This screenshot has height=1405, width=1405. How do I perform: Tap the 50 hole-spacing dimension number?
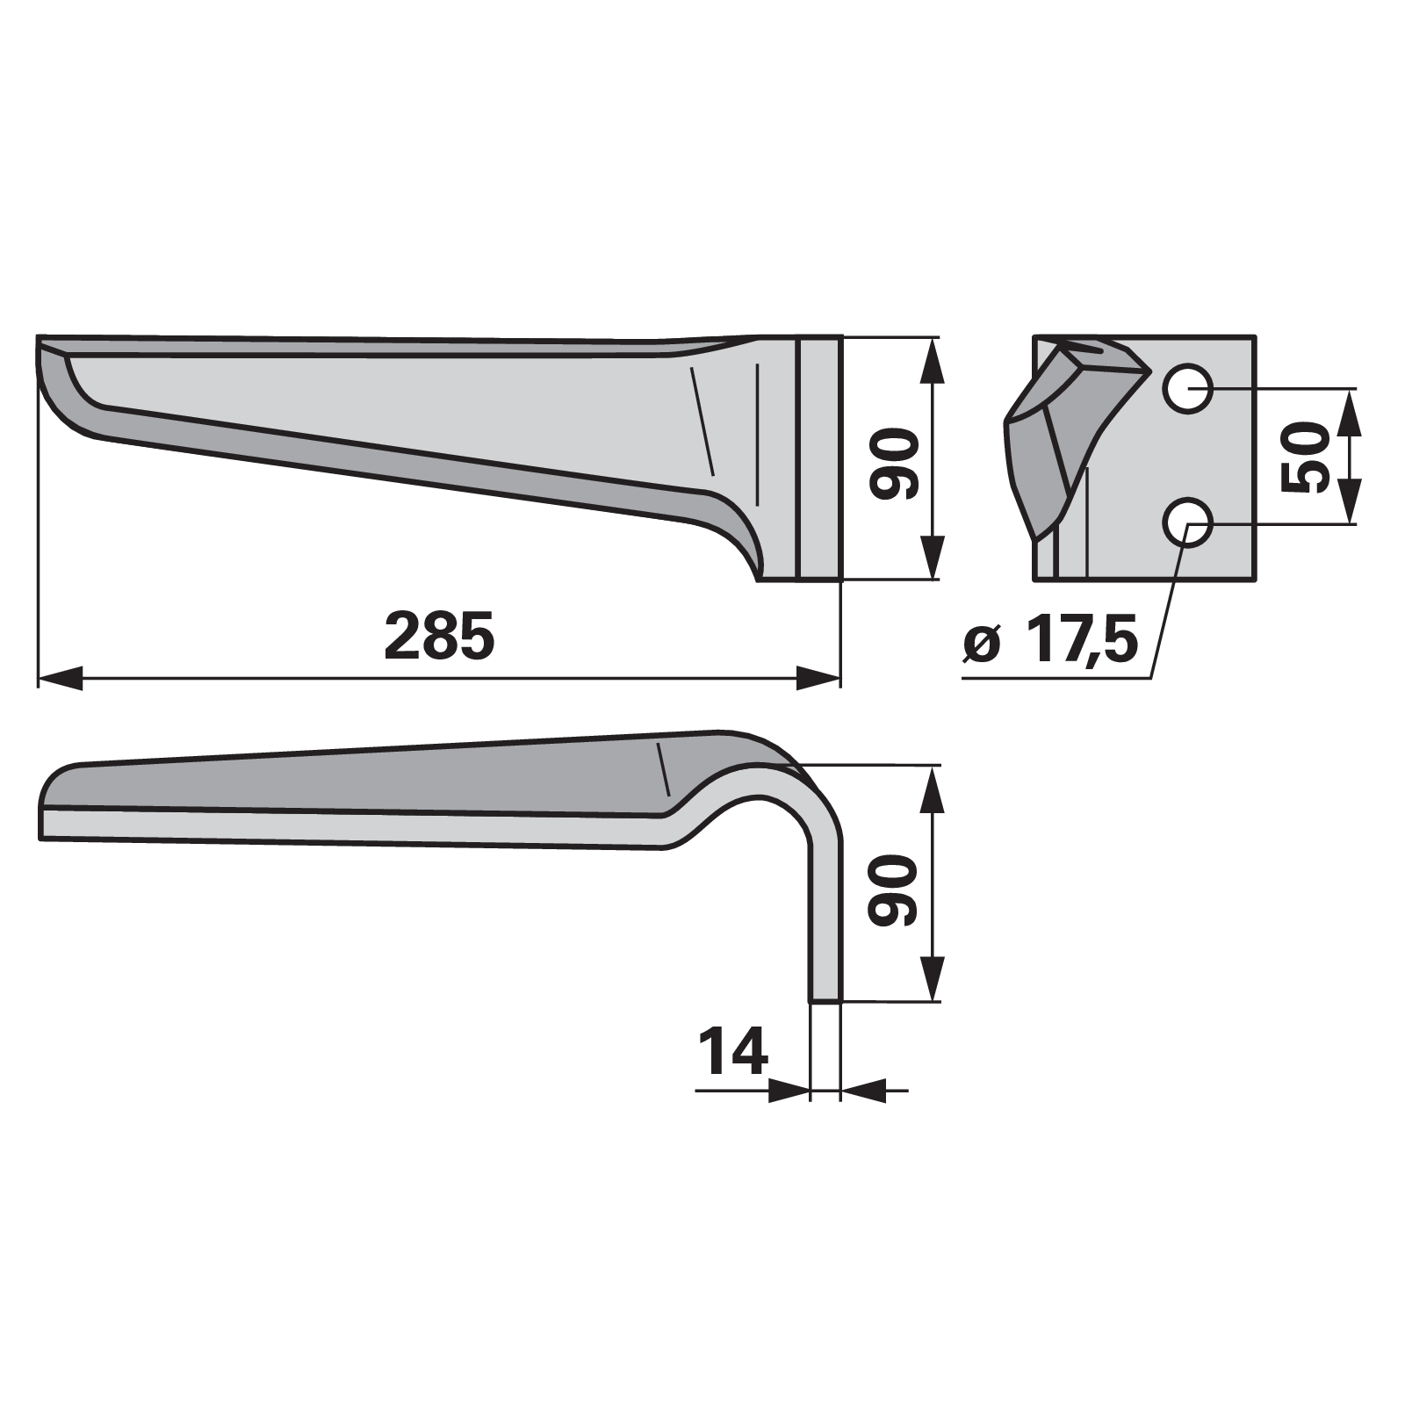(1306, 458)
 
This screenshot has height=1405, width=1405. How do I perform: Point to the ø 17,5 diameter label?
(1050, 642)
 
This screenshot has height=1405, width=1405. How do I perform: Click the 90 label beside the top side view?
(893, 465)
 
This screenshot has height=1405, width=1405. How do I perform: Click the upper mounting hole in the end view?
(1188, 388)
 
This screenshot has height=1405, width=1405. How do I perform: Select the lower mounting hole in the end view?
(1188, 523)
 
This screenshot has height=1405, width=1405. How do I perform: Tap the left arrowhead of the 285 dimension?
(60, 678)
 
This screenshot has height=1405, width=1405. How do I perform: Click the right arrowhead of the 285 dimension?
(818, 678)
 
